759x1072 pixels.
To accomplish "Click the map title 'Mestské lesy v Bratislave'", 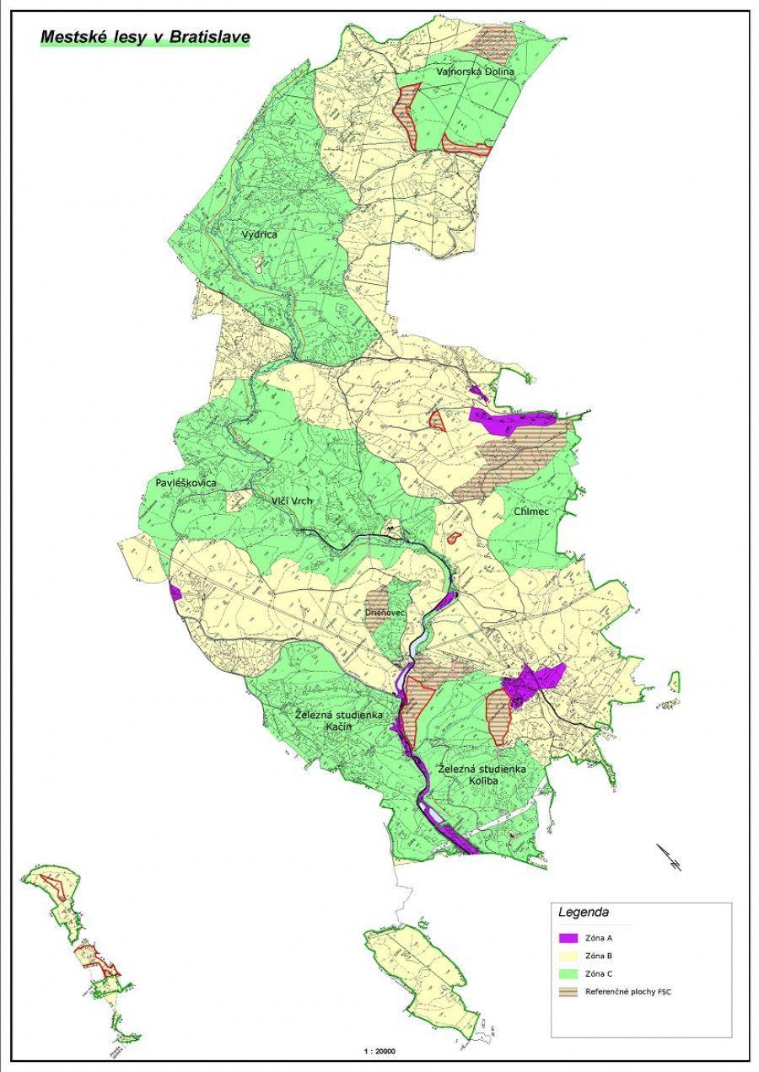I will click(144, 37).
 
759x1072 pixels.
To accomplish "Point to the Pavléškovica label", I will click(186, 483).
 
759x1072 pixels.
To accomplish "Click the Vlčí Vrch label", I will click(292, 501).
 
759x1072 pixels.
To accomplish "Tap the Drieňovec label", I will click(386, 613).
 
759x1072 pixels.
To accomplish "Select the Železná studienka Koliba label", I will click(483, 775).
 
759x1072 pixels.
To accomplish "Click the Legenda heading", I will click(583, 912).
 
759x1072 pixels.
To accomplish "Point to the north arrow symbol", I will click(670, 857).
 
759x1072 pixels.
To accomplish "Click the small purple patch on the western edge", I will click(175, 592).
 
